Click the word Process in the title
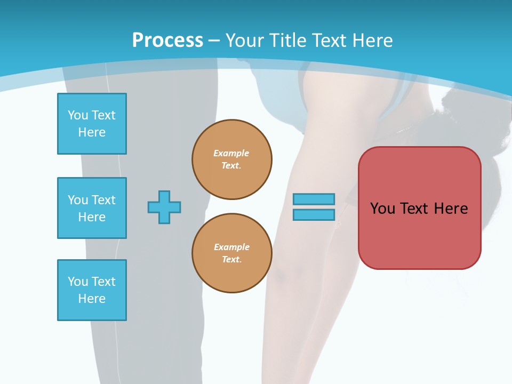tap(167, 40)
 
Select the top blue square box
tap(92, 124)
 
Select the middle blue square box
tap(92, 208)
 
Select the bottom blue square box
tap(92, 290)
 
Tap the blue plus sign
tap(164, 207)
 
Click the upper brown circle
tap(232, 159)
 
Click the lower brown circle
tap(232, 253)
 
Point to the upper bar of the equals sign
tap(314, 199)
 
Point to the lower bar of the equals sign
tap(314, 214)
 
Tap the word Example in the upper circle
tap(231, 153)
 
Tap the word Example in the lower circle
tap(231, 247)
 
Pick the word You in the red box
tap(382, 208)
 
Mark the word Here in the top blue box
tap(92, 132)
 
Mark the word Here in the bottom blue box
tap(92, 299)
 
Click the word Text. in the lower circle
tap(232, 260)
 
